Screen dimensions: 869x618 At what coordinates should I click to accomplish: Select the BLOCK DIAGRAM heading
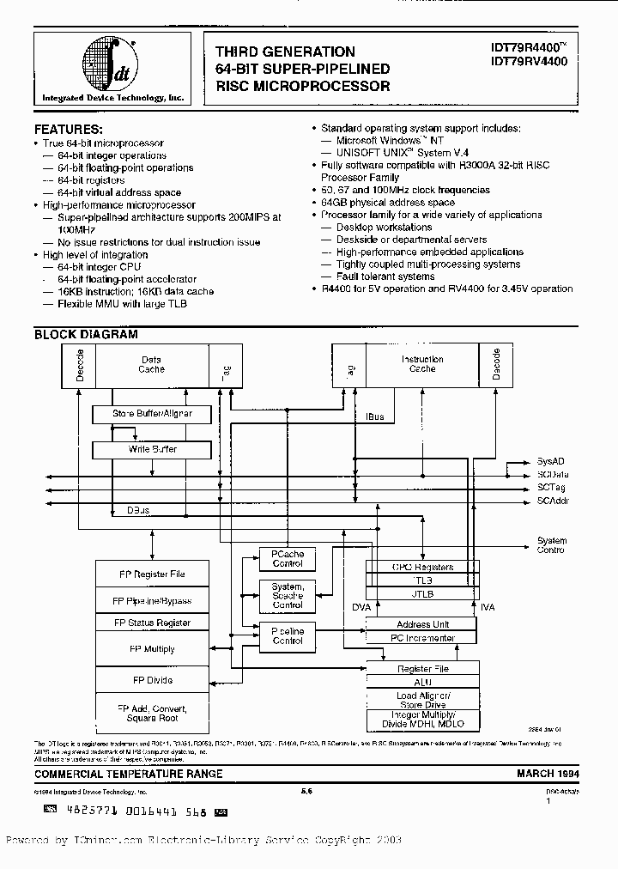pyautogui.click(x=85, y=335)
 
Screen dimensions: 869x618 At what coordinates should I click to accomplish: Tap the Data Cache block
pyautogui.click(x=151, y=364)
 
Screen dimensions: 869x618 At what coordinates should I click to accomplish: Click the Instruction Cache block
pyautogui.click(x=422, y=364)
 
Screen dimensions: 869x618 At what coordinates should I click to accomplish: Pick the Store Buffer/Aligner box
pyautogui.click(x=152, y=414)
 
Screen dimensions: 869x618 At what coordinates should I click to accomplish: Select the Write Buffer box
pyautogui.click(x=152, y=449)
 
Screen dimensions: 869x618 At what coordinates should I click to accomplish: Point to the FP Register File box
pyautogui.click(x=152, y=574)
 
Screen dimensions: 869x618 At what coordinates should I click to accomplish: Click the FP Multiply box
pyautogui.click(x=152, y=649)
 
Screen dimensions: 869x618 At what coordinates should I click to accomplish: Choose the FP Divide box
pyautogui.click(x=152, y=680)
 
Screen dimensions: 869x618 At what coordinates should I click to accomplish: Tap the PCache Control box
pyautogui.click(x=287, y=559)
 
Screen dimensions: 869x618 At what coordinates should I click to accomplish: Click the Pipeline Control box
pyautogui.click(x=287, y=635)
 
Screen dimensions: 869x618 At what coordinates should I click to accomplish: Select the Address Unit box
pyautogui.click(x=423, y=624)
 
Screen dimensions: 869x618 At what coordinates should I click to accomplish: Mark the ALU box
pyautogui.click(x=423, y=682)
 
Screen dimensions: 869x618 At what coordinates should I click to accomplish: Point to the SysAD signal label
pyautogui.click(x=550, y=461)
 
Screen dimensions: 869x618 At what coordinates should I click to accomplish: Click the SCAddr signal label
pyautogui.click(x=552, y=500)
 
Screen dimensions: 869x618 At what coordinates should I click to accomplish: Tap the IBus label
pyautogui.click(x=375, y=416)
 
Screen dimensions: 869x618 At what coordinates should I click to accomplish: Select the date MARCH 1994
pyautogui.click(x=547, y=774)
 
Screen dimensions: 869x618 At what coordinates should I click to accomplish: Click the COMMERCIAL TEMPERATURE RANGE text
pyautogui.click(x=128, y=774)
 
